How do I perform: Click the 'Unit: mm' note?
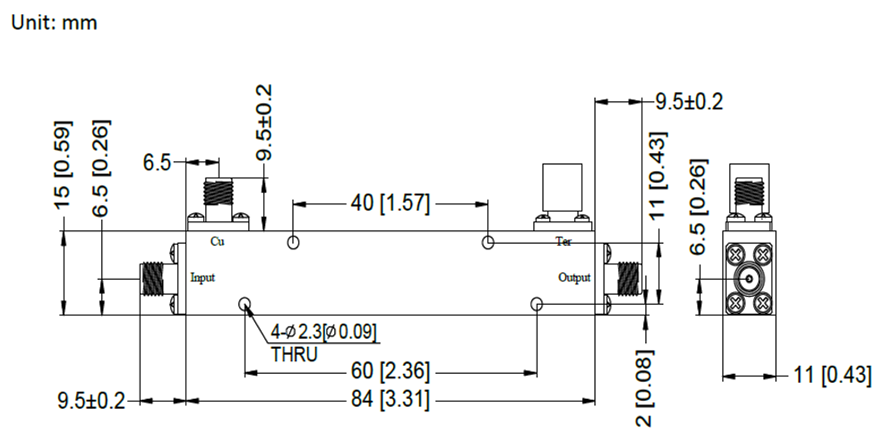[53, 23]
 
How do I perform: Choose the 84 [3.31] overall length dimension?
[390, 401]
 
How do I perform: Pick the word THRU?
[294, 354]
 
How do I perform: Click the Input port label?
[203, 278]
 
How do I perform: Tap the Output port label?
[574, 278]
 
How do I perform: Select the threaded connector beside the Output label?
[625, 279]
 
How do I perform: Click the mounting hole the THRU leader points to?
[245, 305]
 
